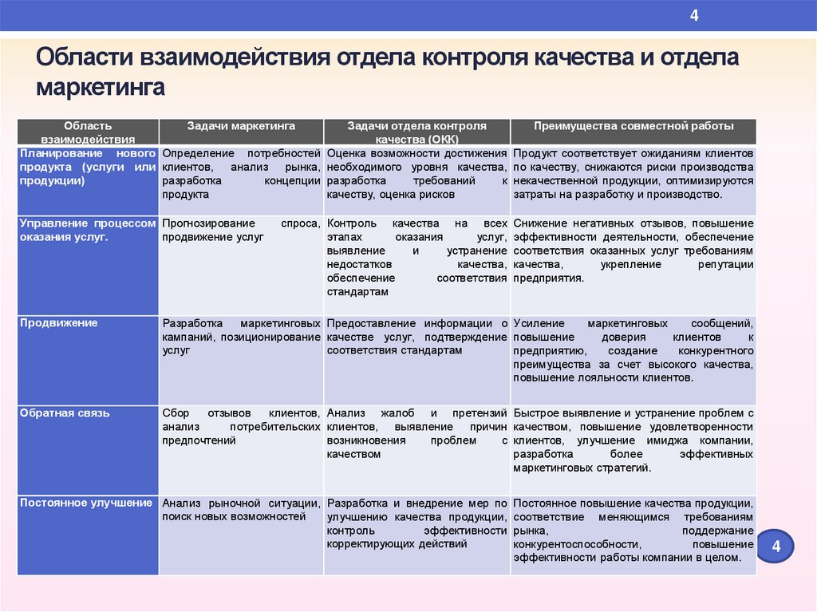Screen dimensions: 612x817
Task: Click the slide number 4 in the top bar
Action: pos(694,16)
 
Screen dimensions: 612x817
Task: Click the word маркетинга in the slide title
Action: pos(100,86)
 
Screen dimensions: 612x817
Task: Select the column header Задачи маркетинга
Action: pos(241,126)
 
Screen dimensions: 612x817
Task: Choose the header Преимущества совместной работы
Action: pos(633,126)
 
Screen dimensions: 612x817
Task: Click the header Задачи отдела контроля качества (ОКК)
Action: pos(416,132)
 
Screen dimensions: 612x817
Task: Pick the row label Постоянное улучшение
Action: pos(86,503)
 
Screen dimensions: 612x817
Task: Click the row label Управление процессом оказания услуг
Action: pos(87,230)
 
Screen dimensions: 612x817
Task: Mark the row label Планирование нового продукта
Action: pos(87,166)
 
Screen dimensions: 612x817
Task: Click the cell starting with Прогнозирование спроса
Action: pos(241,230)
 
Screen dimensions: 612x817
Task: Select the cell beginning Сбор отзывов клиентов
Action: pos(241,426)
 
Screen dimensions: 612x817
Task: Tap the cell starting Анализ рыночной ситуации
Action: pos(241,510)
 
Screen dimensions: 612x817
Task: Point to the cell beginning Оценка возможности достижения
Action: pos(416,172)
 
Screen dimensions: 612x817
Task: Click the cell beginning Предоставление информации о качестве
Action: pos(416,336)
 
